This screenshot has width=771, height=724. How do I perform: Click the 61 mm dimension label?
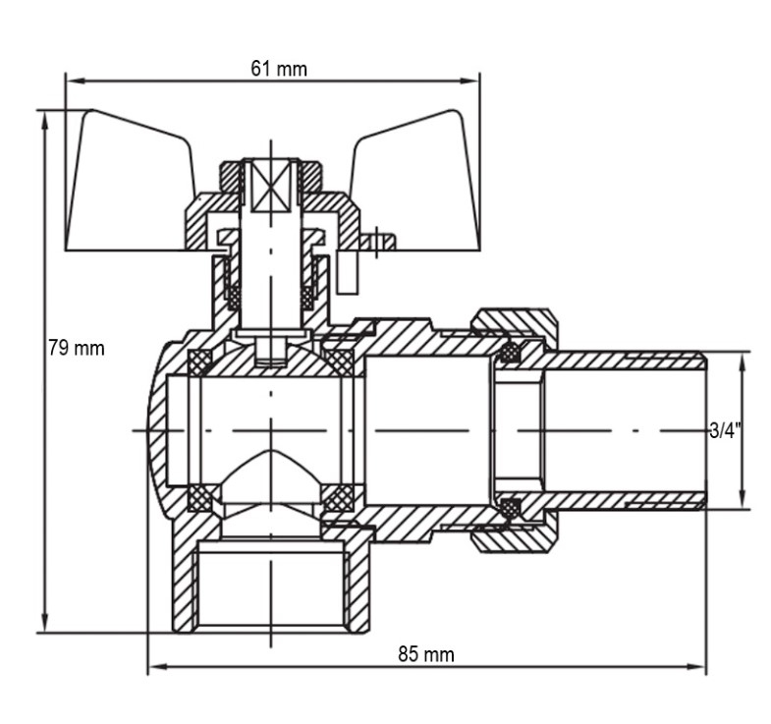click(x=279, y=69)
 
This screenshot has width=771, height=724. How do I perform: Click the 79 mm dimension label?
click(x=77, y=348)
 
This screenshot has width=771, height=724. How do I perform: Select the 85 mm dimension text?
click(x=426, y=654)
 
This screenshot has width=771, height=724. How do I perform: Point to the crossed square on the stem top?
click(x=271, y=186)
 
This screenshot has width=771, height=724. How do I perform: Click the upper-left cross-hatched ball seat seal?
click(x=199, y=362)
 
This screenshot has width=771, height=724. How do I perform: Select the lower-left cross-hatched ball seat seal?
click(x=199, y=498)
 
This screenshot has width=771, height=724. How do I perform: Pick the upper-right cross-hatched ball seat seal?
click(x=340, y=362)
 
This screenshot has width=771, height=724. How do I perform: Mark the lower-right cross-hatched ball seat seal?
click(x=340, y=498)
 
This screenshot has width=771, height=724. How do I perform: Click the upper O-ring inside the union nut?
click(x=511, y=352)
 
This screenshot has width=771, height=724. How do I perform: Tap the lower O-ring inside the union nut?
click(x=511, y=508)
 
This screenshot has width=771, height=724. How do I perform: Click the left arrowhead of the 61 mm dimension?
click(x=73, y=81)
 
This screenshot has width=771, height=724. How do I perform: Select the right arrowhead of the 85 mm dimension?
click(x=697, y=667)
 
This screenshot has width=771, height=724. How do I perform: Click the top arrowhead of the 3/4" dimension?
click(x=743, y=362)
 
